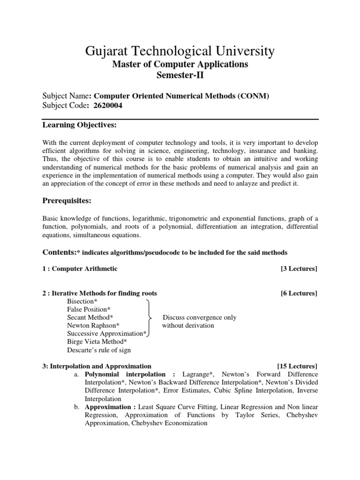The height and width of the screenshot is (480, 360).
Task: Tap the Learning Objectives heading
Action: (79, 125)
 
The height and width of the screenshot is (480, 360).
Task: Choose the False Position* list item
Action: (89, 309)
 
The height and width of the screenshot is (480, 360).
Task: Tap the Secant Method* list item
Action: (90, 317)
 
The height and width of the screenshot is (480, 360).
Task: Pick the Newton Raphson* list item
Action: (93, 325)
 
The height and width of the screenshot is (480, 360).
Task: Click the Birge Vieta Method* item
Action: (97, 342)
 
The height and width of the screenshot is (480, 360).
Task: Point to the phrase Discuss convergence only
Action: (199, 317)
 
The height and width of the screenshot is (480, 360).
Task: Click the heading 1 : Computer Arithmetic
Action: (80, 269)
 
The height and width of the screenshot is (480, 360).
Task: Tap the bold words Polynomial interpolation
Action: (125, 374)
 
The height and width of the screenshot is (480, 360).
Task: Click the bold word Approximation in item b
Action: (106, 407)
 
